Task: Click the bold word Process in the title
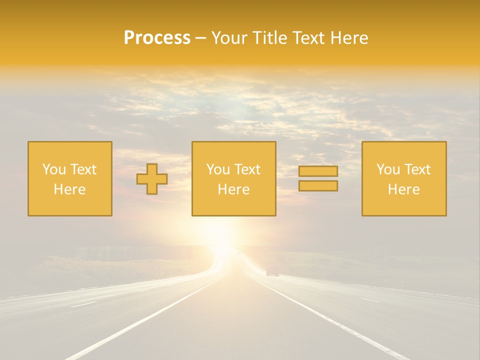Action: pos(157,38)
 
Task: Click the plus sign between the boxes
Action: pos(152,179)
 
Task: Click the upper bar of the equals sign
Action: pos(318,171)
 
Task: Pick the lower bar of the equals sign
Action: pos(318,186)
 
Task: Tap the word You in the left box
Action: pos(53,169)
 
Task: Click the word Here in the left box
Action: pos(70,189)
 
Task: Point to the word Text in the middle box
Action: pos(247,169)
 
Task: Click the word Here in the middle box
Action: pos(233,189)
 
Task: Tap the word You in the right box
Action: pos(387,169)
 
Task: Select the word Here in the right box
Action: pos(404,189)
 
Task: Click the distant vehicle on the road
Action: pos(272,271)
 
